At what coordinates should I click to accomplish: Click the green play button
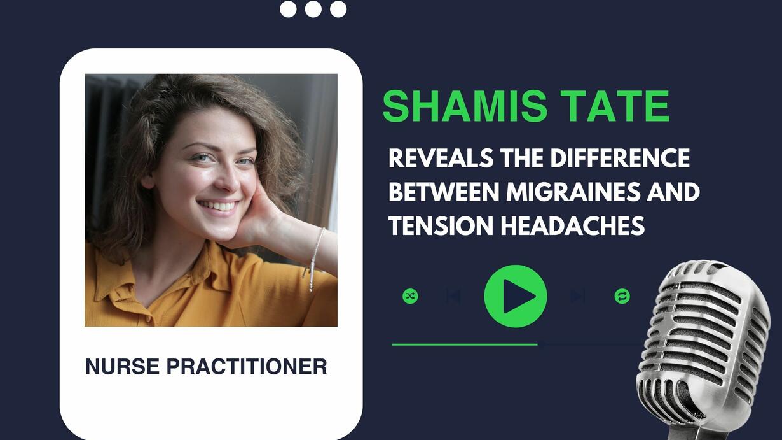515,296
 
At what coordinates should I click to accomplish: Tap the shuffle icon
410,296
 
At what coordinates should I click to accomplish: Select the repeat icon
622,296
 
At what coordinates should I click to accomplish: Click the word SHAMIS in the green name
465,106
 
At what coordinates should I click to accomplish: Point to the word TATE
617,106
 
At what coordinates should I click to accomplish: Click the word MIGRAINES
573,192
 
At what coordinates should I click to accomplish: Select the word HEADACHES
573,225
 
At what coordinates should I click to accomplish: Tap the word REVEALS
441,158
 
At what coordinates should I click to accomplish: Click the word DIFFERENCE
621,158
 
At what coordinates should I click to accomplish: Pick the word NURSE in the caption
123,366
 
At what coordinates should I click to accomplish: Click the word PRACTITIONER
247,366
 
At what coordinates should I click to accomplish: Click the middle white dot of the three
313,9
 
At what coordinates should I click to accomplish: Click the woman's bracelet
315,259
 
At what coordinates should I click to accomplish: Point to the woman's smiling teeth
218,205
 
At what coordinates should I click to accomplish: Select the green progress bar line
464,344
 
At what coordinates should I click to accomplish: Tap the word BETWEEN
444,192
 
